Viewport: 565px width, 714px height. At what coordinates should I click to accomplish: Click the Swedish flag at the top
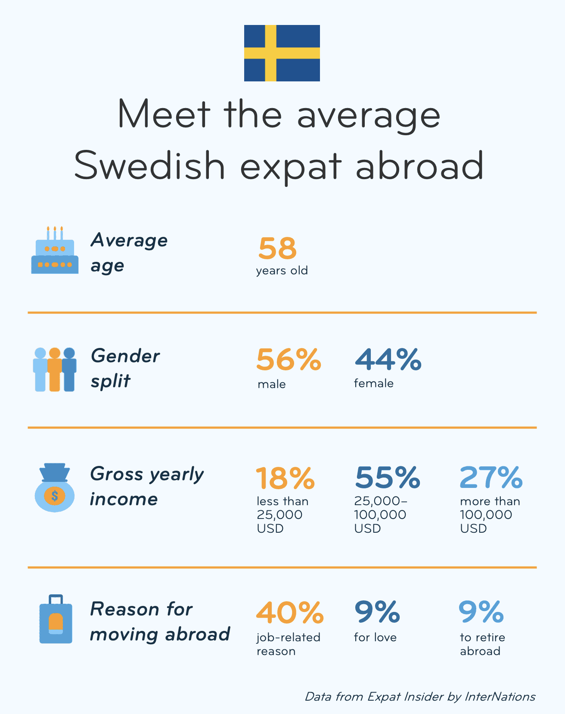point(282,53)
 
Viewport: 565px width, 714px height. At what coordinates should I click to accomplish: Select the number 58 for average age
point(278,248)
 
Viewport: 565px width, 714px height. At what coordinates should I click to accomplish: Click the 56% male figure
point(289,360)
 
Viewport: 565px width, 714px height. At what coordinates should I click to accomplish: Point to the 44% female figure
point(388,360)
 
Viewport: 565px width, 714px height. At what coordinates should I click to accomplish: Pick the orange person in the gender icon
point(55,369)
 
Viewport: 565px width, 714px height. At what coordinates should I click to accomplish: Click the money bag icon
point(54,488)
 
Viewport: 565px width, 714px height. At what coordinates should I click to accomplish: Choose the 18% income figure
point(285,478)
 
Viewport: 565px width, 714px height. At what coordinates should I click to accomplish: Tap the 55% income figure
point(387,478)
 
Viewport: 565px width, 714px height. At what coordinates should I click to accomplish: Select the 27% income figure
point(491,478)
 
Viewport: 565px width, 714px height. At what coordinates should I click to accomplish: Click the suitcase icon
point(56,620)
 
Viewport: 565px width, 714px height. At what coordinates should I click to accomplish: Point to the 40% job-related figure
point(290,613)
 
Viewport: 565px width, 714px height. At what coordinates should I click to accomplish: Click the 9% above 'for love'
point(377,613)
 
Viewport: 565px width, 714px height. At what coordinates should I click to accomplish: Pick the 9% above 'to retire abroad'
point(481,613)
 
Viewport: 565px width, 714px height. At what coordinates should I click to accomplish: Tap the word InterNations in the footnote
point(500,697)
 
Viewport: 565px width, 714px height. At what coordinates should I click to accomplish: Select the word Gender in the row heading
point(125,357)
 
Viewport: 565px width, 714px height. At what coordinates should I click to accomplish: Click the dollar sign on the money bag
point(55,496)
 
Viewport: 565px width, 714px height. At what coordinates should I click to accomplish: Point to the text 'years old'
point(282,271)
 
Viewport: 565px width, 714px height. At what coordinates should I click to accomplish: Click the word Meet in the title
point(164,115)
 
